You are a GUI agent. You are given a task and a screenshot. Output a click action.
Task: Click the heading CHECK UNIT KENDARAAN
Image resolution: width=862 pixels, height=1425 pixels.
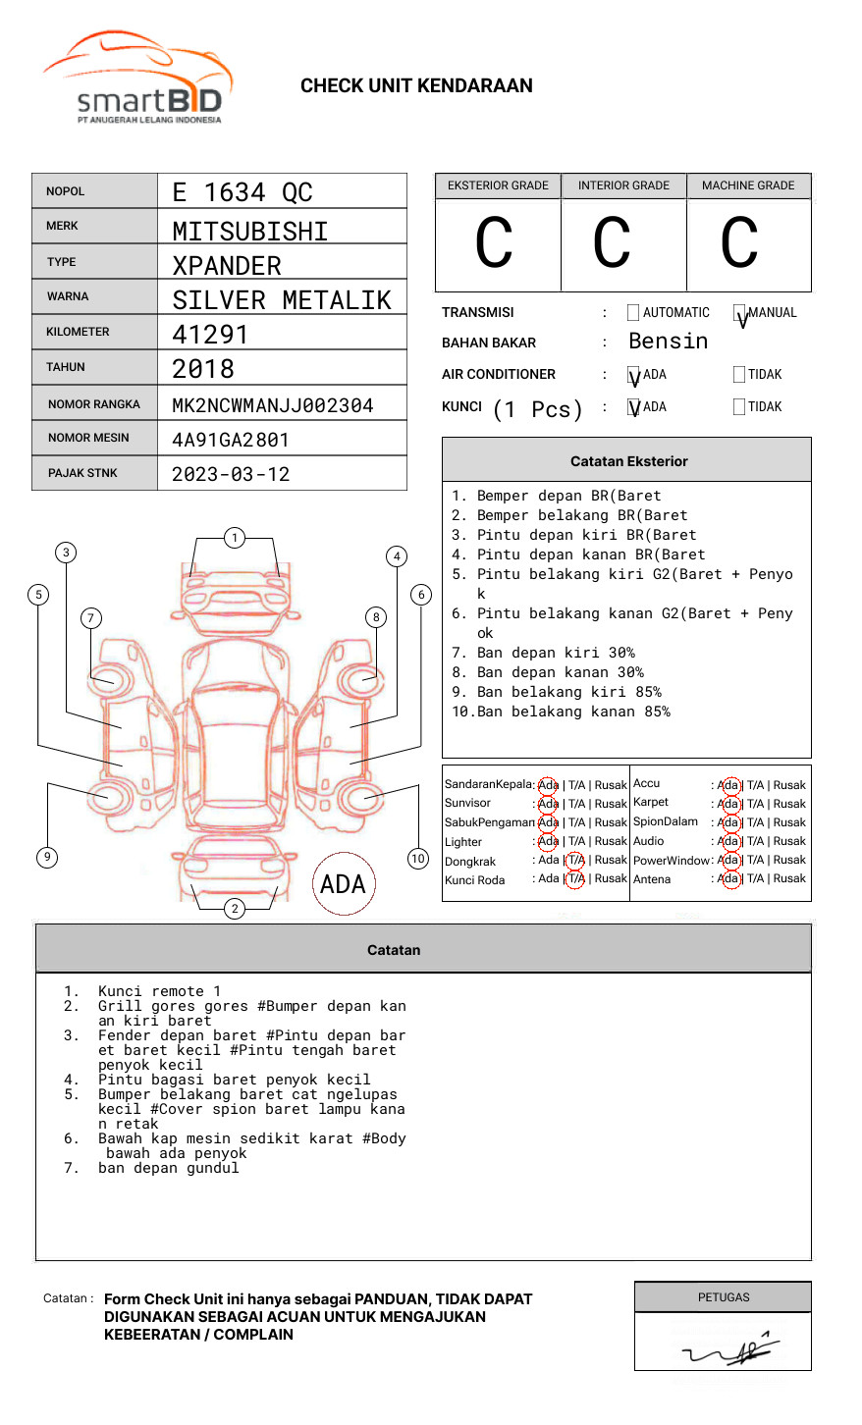[x=416, y=86]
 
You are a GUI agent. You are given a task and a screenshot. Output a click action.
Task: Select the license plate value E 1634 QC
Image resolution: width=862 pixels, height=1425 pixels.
[x=242, y=192]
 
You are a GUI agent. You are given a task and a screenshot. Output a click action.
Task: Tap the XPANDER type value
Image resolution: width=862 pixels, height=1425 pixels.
[x=227, y=266]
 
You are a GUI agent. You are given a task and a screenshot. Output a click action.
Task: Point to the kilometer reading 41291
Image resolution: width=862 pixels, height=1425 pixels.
[x=210, y=335]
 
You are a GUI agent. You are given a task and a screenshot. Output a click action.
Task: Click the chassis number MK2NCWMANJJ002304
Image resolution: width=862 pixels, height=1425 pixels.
[x=273, y=405]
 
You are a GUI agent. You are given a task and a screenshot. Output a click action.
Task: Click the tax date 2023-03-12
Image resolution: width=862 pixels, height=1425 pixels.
[x=231, y=474]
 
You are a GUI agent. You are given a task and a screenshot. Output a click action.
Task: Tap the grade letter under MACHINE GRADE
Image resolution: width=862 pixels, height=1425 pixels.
[x=739, y=242]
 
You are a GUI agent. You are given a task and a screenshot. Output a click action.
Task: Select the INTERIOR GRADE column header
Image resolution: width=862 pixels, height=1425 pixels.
[x=623, y=185]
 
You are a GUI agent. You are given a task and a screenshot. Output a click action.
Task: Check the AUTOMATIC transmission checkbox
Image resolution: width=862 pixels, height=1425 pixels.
[x=633, y=313]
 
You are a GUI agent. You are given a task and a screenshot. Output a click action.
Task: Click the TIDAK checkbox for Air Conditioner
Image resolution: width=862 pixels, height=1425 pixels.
[x=739, y=375]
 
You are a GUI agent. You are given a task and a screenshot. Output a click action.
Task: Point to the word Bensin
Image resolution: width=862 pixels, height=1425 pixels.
[x=668, y=342]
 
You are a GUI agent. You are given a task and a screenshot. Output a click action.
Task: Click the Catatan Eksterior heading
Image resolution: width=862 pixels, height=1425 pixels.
[x=628, y=461]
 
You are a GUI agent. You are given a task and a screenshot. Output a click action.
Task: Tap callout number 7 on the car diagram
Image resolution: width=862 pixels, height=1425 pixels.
[x=91, y=617]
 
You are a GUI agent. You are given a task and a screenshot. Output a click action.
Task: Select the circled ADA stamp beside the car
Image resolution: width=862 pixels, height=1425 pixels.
[x=343, y=884]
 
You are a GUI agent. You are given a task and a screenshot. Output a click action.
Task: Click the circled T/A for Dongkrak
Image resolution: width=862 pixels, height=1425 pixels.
[x=576, y=860]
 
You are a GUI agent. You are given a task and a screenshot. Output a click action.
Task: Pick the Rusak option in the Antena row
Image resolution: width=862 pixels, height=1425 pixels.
[x=789, y=878]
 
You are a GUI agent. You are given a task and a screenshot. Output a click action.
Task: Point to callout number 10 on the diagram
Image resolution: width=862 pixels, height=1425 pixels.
[x=418, y=859]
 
